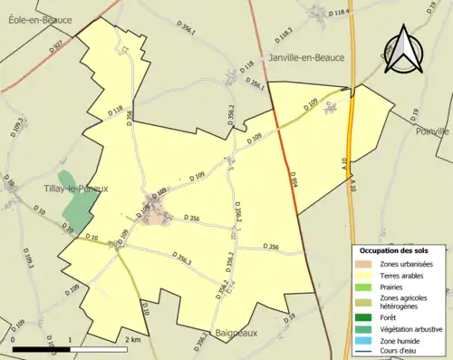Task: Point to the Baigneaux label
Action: [x=237, y=334]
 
